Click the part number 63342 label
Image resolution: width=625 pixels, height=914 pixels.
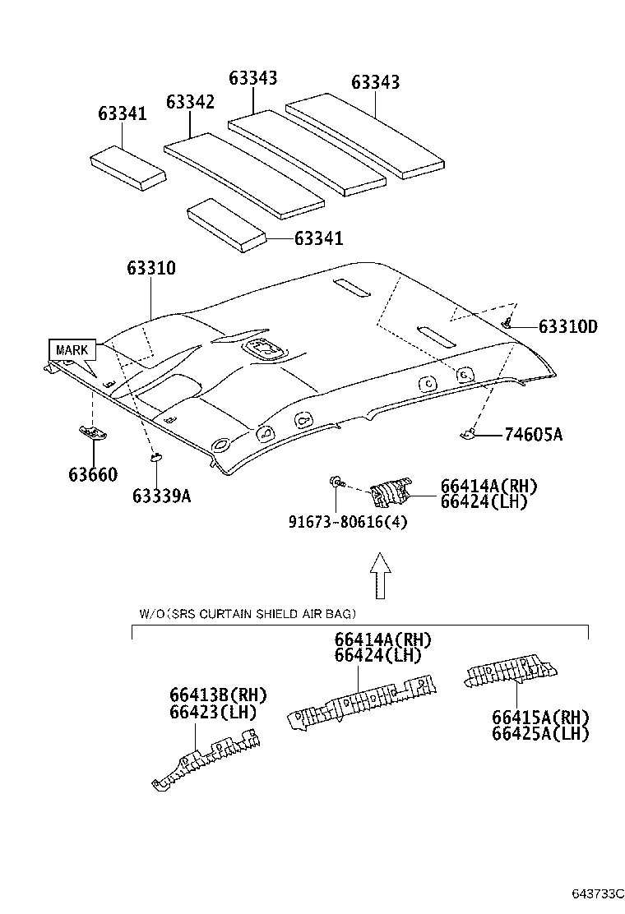pyautogui.click(x=190, y=102)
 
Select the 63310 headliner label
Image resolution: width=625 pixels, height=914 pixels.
pyautogui.click(x=150, y=269)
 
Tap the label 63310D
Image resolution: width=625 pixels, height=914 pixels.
pyautogui.click(x=567, y=327)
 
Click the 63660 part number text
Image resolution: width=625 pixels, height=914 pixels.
pyautogui.click(x=92, y=474)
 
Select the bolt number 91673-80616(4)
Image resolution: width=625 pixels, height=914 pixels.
pyautogui.click(x=348, y=521)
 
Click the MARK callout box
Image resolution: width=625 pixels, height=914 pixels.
pyautogui.click(x=72, y=350)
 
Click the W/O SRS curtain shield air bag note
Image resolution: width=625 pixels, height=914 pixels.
pyautogui.click(x=247, y=614)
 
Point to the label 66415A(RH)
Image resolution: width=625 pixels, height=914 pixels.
pyautogui.click(x=540, y=717)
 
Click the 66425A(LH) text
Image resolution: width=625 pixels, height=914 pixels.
pyautogui.click(x=540, y=733)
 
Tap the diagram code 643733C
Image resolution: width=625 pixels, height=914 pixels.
pyautogui.click(x=597, y=893)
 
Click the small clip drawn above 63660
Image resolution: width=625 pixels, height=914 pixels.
pyautogui.click(x=91, y=432)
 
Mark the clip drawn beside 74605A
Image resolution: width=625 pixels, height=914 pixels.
pyautogui.click(x=469, y=433)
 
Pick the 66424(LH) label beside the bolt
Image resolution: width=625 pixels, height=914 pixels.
pyautogui.click(x=483, y=501)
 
